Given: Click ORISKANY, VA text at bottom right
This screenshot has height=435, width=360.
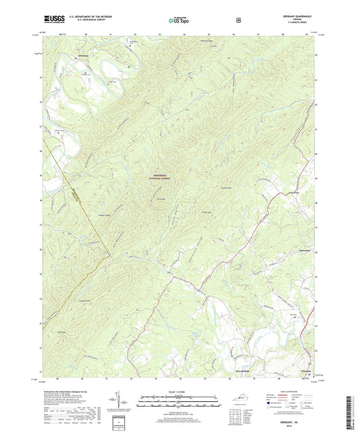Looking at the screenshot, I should point(298,417).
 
